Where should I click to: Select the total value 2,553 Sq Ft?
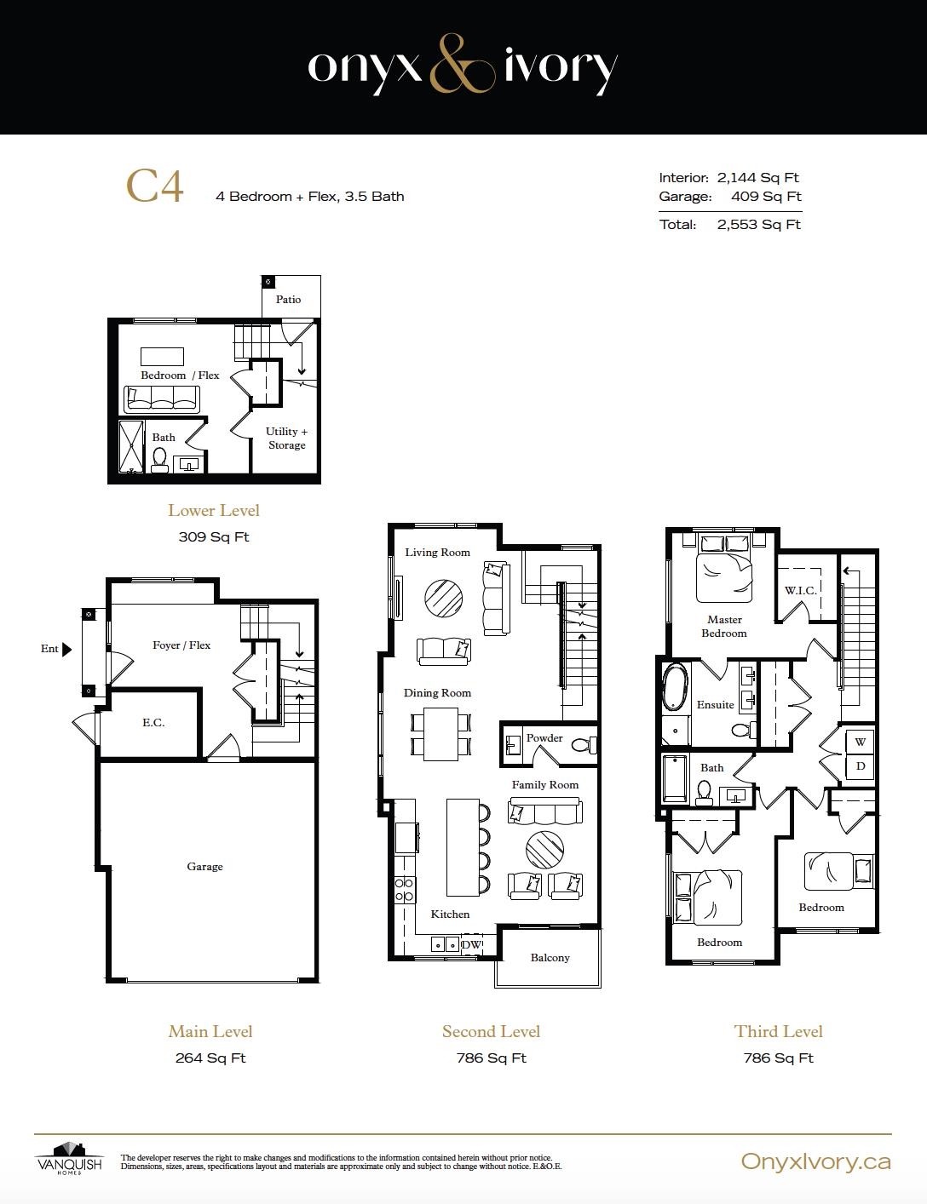coord(758,225)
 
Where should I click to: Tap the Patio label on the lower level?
coord(288,299)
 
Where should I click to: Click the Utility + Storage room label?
coord(286,438)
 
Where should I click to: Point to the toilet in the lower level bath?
coord(159,460)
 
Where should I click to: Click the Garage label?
coord(204,866)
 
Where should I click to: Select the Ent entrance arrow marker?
coord(67,649)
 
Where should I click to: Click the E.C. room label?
coord(153,722)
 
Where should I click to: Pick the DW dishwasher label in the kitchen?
coord(471,944)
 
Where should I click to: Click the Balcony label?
coord(550,957)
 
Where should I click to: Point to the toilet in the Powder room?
coord(581,745)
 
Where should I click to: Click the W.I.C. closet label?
coord(800,590)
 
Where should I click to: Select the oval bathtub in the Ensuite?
coord(676,687)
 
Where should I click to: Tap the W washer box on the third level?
coord(860,742)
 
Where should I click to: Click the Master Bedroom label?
coord(724,626)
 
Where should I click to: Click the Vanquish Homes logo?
coord(69,1157)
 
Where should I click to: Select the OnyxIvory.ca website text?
coord(815,1161)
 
